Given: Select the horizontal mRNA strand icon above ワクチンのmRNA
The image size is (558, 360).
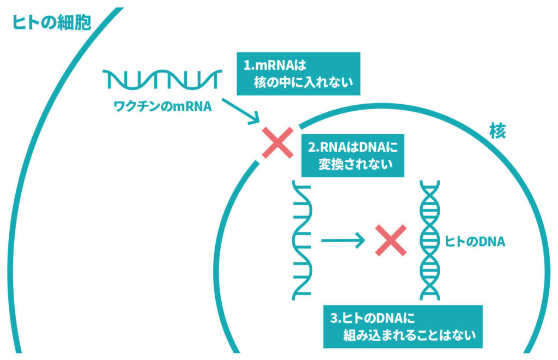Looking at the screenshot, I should point(162,79).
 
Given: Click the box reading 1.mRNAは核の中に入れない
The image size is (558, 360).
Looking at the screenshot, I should point(298,74).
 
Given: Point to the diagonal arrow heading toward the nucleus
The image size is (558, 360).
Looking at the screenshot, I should point(241,109).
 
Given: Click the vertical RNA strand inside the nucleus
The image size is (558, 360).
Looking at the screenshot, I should point(301,240).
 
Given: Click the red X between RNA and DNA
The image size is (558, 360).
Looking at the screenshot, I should point(390,241).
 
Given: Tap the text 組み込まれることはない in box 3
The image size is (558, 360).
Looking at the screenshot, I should point(409,335).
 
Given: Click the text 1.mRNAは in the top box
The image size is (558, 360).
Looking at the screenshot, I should point(275,65).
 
